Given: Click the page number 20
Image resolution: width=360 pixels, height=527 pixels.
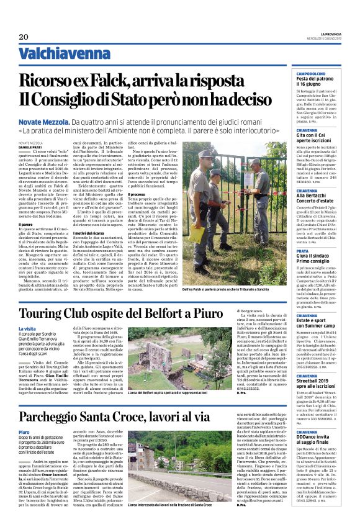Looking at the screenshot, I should [x=23, y=37].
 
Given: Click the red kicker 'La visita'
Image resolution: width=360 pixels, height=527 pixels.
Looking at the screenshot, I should [x=27, y=328].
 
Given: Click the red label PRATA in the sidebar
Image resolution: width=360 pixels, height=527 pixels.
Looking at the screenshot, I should [x=303, y=251].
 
